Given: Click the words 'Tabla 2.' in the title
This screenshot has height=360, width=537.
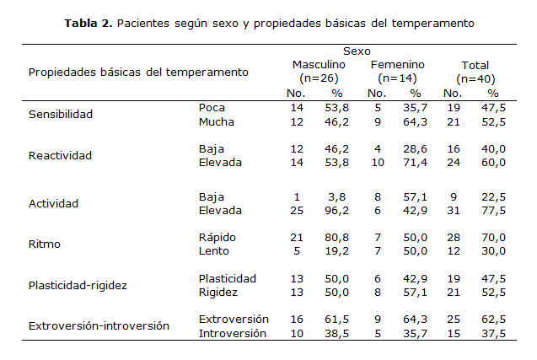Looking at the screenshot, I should coord(89,23).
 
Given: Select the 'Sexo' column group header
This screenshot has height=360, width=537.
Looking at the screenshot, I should coord(357,51).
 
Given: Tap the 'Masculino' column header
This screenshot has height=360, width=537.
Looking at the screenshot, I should coord(319,65).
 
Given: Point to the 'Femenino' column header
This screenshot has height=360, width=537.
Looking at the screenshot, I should coord(397,65).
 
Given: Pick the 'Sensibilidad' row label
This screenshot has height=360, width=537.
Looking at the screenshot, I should coord(60,114).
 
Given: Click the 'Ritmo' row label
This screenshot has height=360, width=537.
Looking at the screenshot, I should coord(44,244).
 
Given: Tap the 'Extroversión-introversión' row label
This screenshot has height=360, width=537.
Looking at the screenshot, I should coord(99,325).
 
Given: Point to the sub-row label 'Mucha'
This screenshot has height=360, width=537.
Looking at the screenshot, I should coord(216,121).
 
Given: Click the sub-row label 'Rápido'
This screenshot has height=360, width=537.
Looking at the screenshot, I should coord(217,237).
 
